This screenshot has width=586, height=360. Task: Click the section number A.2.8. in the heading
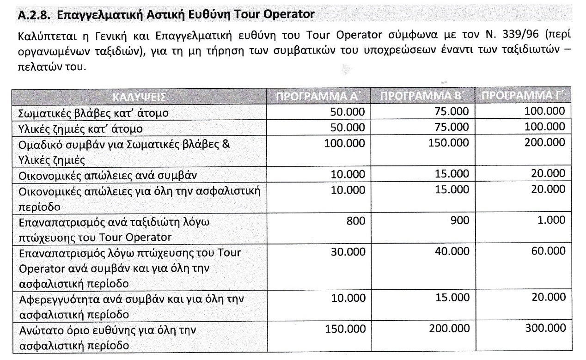33,15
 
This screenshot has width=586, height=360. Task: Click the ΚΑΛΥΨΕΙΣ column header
139,97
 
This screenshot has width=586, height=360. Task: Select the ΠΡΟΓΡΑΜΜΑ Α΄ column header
318,97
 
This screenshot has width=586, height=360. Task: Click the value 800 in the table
355,221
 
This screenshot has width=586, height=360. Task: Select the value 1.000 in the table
552,221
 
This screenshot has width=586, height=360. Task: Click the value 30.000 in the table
348,251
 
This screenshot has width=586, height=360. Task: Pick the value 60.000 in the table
549,251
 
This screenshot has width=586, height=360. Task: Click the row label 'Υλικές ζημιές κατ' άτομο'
80,128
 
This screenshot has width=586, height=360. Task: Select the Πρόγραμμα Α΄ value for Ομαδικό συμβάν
345,143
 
